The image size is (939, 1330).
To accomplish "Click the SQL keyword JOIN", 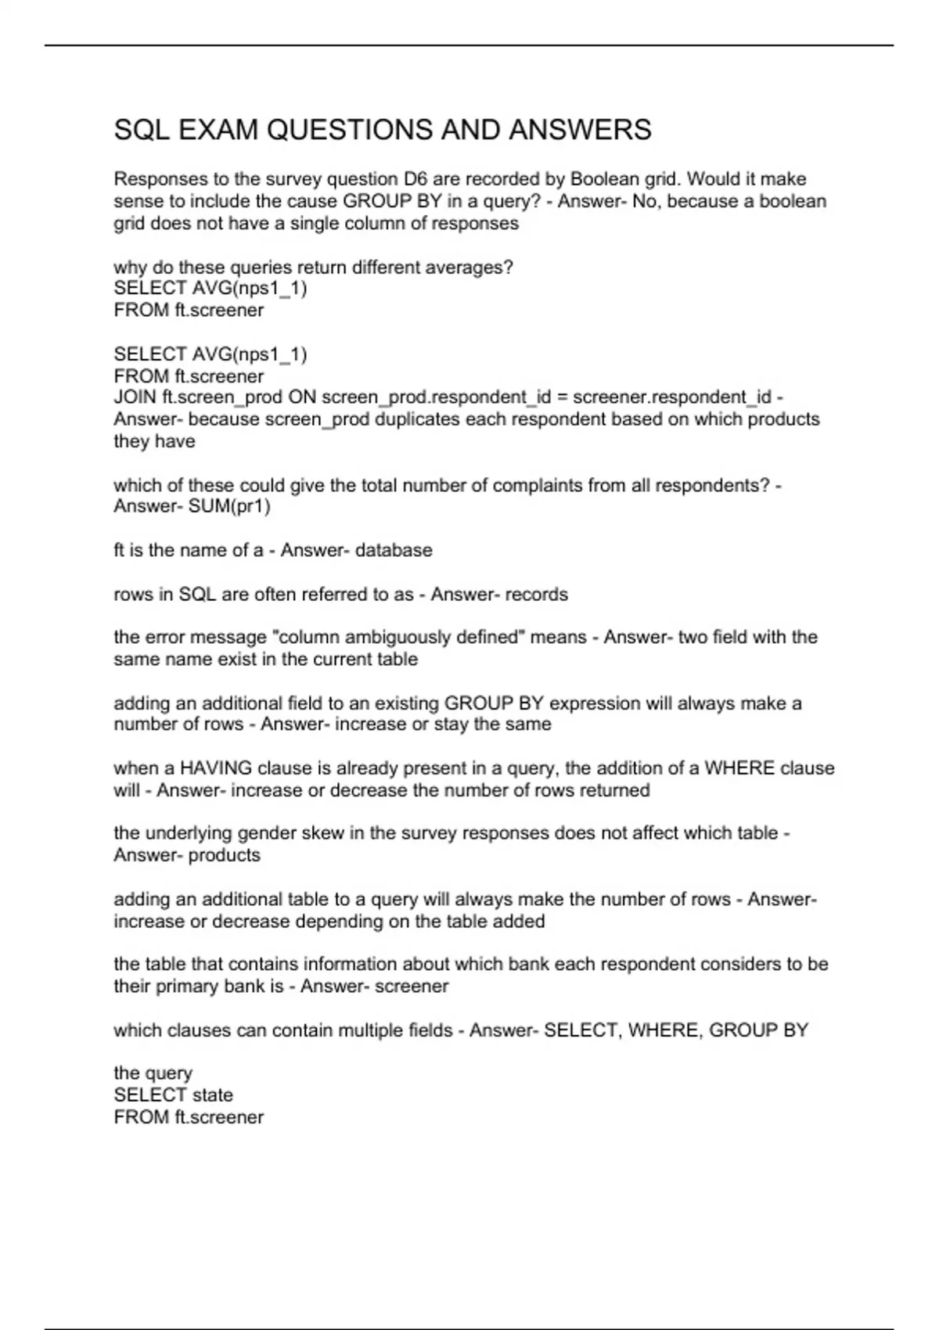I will coord(135,397).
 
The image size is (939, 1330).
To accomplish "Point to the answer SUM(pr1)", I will coord(230,506).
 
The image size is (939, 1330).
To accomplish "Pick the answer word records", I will coord(537,595).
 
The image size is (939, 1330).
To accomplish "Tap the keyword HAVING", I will coord(216,768).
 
